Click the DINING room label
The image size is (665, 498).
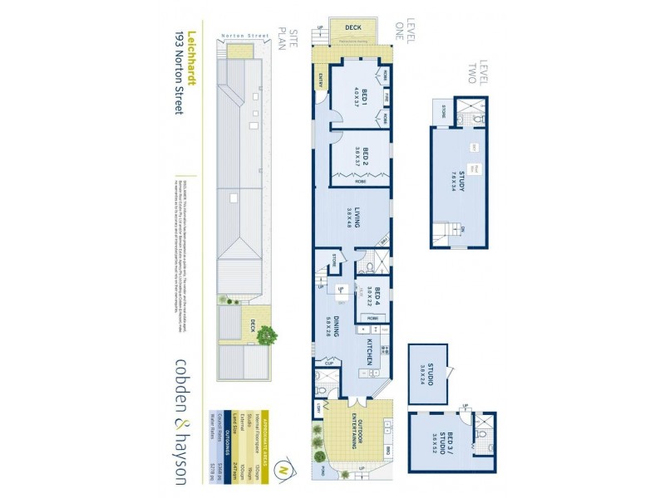pos(332,323)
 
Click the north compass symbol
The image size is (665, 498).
pos(285,466)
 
